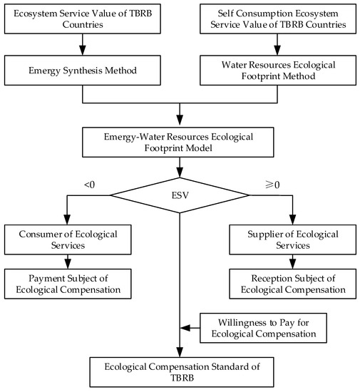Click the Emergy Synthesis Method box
(83, 71)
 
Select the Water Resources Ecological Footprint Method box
(278, 71)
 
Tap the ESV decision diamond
(180, 195)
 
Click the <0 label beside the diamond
(90, 185)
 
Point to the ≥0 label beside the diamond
(272, 185)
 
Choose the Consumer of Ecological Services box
(68, 239)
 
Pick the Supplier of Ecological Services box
(293, 239)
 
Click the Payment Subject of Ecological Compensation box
(68, 284)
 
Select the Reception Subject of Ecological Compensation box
(293, 284)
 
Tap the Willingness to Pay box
(263, 328)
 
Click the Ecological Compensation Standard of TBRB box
(182, 372)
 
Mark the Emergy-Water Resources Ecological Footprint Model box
(178, 143)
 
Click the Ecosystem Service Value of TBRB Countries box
(83, 19)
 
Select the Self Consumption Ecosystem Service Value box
(278, 19)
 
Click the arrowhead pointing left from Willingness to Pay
(185, 328)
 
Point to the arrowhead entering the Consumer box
(67, 220)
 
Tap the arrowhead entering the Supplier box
(292, 220)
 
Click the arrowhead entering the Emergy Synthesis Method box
(83, 51)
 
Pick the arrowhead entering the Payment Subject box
(68, 264)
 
